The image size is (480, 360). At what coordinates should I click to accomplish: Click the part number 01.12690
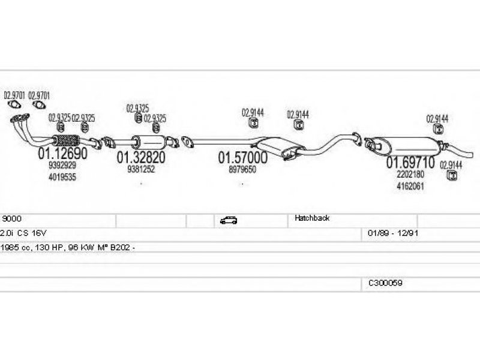[x=63, y=153]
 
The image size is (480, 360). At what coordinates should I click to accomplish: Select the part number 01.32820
[x=141, y=157]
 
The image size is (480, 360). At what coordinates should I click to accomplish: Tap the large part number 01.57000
[x=243, y=158]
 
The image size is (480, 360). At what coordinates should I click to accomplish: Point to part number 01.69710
[x=410, y=162]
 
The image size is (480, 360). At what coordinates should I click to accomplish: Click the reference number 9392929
[x=62, y=166]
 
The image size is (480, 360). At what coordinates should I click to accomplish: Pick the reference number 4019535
[x=62, y=177]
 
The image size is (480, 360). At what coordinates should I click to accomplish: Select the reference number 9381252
[x=141, y=169]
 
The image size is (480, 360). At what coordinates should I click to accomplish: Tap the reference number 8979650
[x=242, y=169]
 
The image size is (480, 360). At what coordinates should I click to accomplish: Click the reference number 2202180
[x=410, y=174]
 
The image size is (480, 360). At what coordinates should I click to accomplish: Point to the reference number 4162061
[x=410, y=186]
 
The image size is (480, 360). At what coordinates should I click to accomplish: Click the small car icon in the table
[x=229, y=220]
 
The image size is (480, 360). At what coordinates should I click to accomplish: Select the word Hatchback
[x=312, y=218]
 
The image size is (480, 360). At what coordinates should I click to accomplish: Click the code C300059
[x=385, y=283]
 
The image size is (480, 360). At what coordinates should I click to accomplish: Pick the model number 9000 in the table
[x=11, y=218]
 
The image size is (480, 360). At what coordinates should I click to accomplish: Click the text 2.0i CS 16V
[x=23, y=233]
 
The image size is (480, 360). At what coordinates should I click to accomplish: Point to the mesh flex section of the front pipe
[x=66, y=140]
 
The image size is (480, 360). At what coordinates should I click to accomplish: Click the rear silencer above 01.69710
[x=404, y=145]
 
